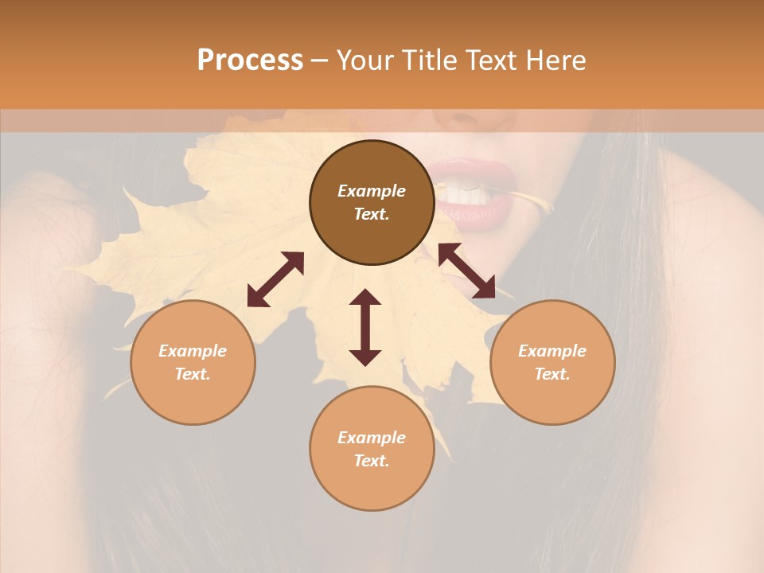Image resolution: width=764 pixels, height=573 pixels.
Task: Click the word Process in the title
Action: coord(250,60)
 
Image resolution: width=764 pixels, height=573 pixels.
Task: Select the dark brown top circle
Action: coord(372,202)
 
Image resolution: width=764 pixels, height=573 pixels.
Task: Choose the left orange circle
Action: coord(193,362)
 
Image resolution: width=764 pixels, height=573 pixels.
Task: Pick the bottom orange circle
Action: coord(372,449)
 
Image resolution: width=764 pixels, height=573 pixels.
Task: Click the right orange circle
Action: coord(552,362)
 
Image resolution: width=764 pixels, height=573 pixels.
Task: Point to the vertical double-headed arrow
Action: coord(365,327)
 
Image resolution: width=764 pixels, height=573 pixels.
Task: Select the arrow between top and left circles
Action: coord(275,279)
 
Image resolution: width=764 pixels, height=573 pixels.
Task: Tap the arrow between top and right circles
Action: coord(466,271)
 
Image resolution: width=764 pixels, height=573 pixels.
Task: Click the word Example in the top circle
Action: coord(372,191)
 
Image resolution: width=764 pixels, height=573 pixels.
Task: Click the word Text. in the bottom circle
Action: coord(372,461)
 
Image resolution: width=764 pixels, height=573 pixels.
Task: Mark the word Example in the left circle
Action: coord(193,351)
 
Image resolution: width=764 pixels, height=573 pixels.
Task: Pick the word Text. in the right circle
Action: coord(552,374)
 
